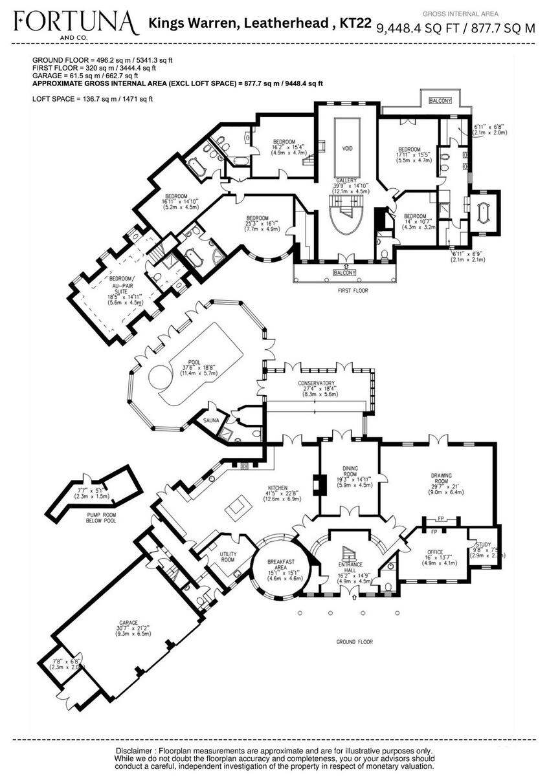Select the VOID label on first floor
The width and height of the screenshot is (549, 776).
347,148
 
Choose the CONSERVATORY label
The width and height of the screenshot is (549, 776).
316,383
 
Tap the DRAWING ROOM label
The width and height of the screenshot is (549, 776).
442,479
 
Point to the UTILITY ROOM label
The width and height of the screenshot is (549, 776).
227,556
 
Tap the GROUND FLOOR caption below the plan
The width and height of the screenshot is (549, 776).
355,642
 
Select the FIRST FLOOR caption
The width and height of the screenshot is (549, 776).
353,291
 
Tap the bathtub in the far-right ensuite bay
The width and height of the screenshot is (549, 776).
484,211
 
